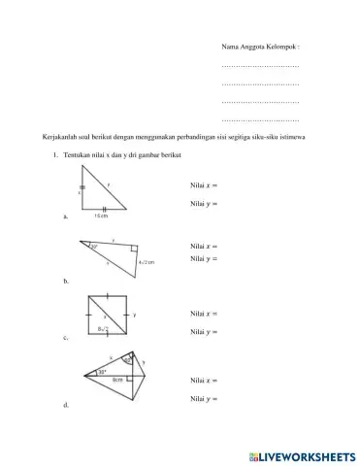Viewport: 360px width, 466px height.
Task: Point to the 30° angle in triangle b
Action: pyautogui.click(x=95, y=248)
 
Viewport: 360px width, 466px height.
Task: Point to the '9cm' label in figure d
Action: pyautogui.click(x=116, y=379)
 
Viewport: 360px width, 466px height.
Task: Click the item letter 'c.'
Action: pyautogui.click(x=65, y=339)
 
